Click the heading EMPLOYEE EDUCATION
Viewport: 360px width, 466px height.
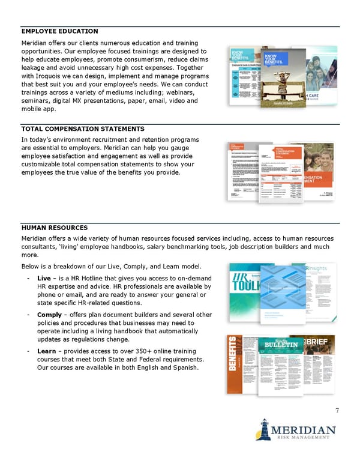tap(59, 31)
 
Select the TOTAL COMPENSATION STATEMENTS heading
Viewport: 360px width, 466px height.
tap(82, 129)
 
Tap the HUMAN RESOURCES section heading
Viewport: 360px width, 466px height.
tap(55, 228)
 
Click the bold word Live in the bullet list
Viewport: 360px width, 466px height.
tap(44, 279)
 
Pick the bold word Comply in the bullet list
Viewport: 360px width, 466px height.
tap(49, 315)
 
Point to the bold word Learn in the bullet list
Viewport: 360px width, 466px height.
tap(46, 351)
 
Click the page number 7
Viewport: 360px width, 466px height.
tap(337, 411)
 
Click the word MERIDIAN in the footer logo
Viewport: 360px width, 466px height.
tap(303, 431)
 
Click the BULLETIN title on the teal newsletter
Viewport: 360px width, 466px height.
tap(278, 345)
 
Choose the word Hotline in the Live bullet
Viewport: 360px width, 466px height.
tap(90, 279)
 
